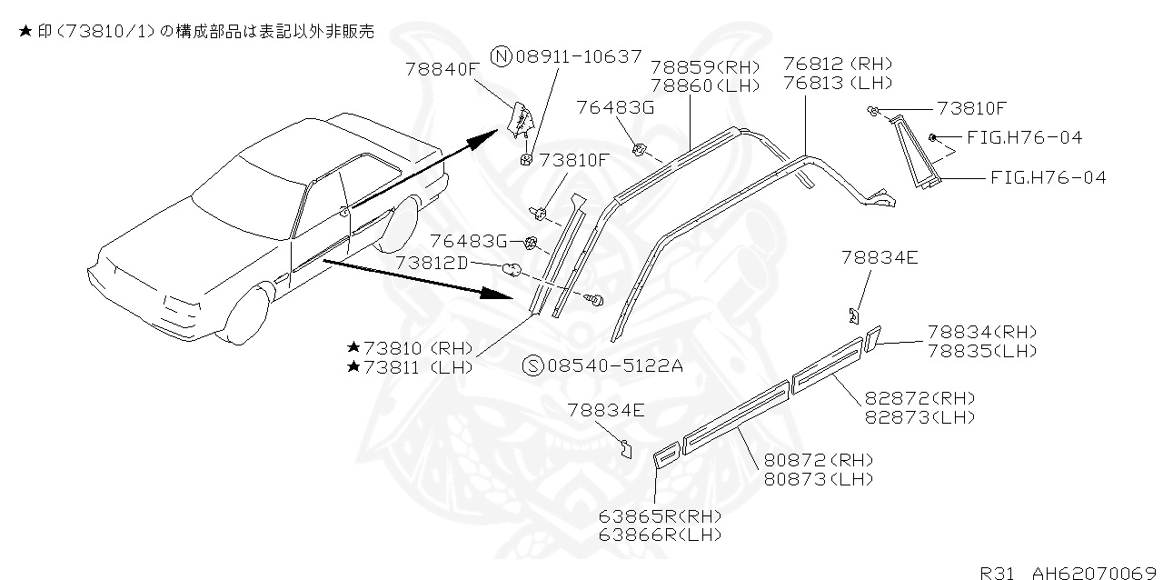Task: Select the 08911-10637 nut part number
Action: point(578,57)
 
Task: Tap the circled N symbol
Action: point(502,57)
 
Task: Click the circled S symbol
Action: point(532,365)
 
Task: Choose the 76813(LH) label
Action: point(837,83)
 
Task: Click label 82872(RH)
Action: point(919,399)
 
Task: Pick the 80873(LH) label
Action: point(818,478)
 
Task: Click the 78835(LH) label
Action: point(981,351)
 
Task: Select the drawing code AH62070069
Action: point(1095,573)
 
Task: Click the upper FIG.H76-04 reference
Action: point(1024,138)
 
